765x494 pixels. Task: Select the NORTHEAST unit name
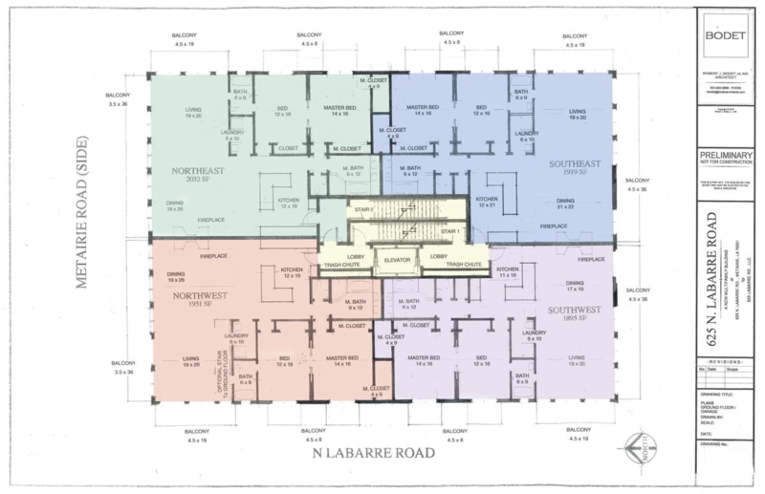[x=198, y=173]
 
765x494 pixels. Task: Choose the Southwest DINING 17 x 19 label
[x=574, y=286]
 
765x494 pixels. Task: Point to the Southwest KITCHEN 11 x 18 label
[x=507, y=273]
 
